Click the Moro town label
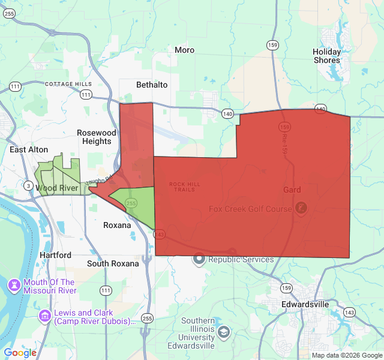pyautogui.click(x=185, y=50)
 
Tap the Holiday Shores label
pyautogui.click(x=326, y=56)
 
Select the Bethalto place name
pyautogui.click(x=152, y=85)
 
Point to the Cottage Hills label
pyautogui.click(x=68, y=84)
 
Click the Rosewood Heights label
pyautogui.click(x=97, y=137)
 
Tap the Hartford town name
pyautogui.click(x=55, y=255)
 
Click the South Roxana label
pyautogui.click(x=113, y=263)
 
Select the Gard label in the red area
pyautogui.click(x=292, y=190)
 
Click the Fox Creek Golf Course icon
pyautogui.click(x=301, y=208)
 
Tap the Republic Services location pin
pyautogui.click(x=199, y=260)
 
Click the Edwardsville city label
pyautogui.click(x=305, y=304)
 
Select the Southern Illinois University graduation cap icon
pyautogui.click(x=224, y=331)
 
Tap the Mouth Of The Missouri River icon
pyautogui.click(x=14, y=283)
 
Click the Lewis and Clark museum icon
pyautogui.click(x=45, y=315)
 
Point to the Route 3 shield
pyautogui.click(x=28, y=186)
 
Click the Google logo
pyautogui.click(x=20, y=353)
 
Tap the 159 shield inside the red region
pyautogui.click(x=284, y=127)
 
